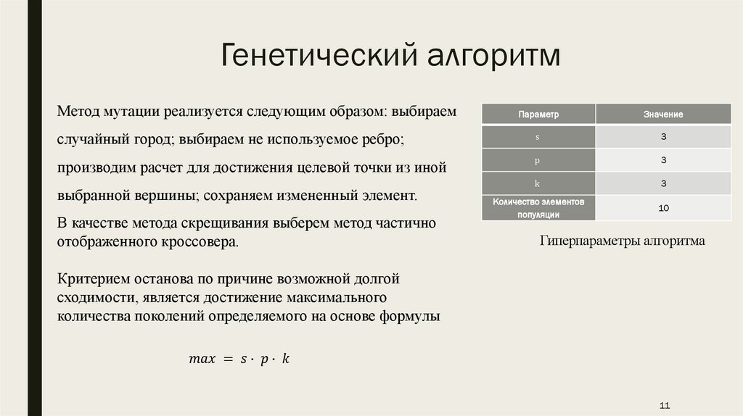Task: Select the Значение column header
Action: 663,115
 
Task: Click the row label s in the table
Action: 538,137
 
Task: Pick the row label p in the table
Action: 538,160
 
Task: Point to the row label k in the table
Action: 538,183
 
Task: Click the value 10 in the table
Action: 663,208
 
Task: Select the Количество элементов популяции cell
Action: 538,208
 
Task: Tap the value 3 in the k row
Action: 663,183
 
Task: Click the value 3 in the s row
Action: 663,137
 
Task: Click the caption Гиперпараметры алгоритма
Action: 622,241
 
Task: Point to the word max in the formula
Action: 202,359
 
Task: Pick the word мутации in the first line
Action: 130,112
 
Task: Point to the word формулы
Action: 409,317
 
